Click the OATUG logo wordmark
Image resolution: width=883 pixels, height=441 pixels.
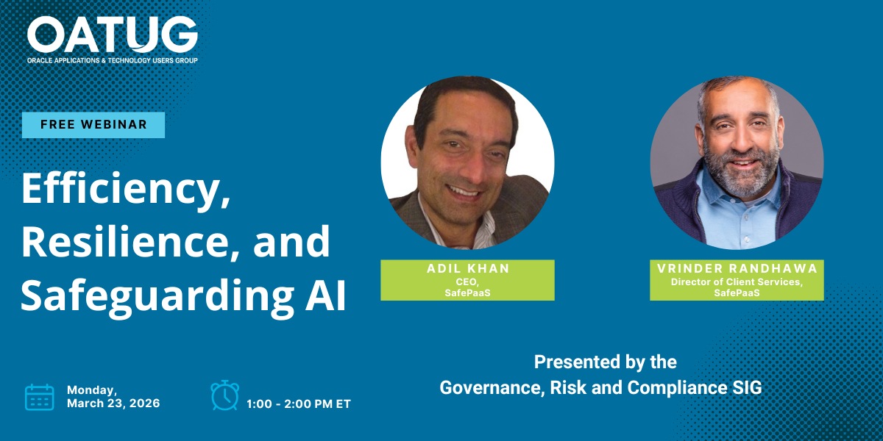point(113,35)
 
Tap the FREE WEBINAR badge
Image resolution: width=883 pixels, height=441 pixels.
point(93,125)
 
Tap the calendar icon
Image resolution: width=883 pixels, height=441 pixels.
point(40,398)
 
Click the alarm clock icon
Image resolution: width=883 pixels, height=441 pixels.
point(224,395)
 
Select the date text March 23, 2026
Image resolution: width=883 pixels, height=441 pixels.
point(113,404)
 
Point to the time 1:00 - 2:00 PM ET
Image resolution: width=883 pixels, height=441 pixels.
point(299,404)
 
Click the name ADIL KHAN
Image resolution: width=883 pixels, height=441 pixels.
point(468,268)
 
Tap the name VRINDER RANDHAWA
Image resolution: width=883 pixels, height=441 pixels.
point(737,268)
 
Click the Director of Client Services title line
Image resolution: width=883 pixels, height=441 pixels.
point(737,282)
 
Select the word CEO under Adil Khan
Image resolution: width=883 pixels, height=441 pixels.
point(467,282)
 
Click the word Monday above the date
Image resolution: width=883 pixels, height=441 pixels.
point(91,390)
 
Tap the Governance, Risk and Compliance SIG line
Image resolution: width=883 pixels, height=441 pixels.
point(600,388)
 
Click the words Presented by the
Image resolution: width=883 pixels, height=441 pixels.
point(606,362)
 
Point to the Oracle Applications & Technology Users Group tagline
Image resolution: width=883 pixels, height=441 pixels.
point(113,60)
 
